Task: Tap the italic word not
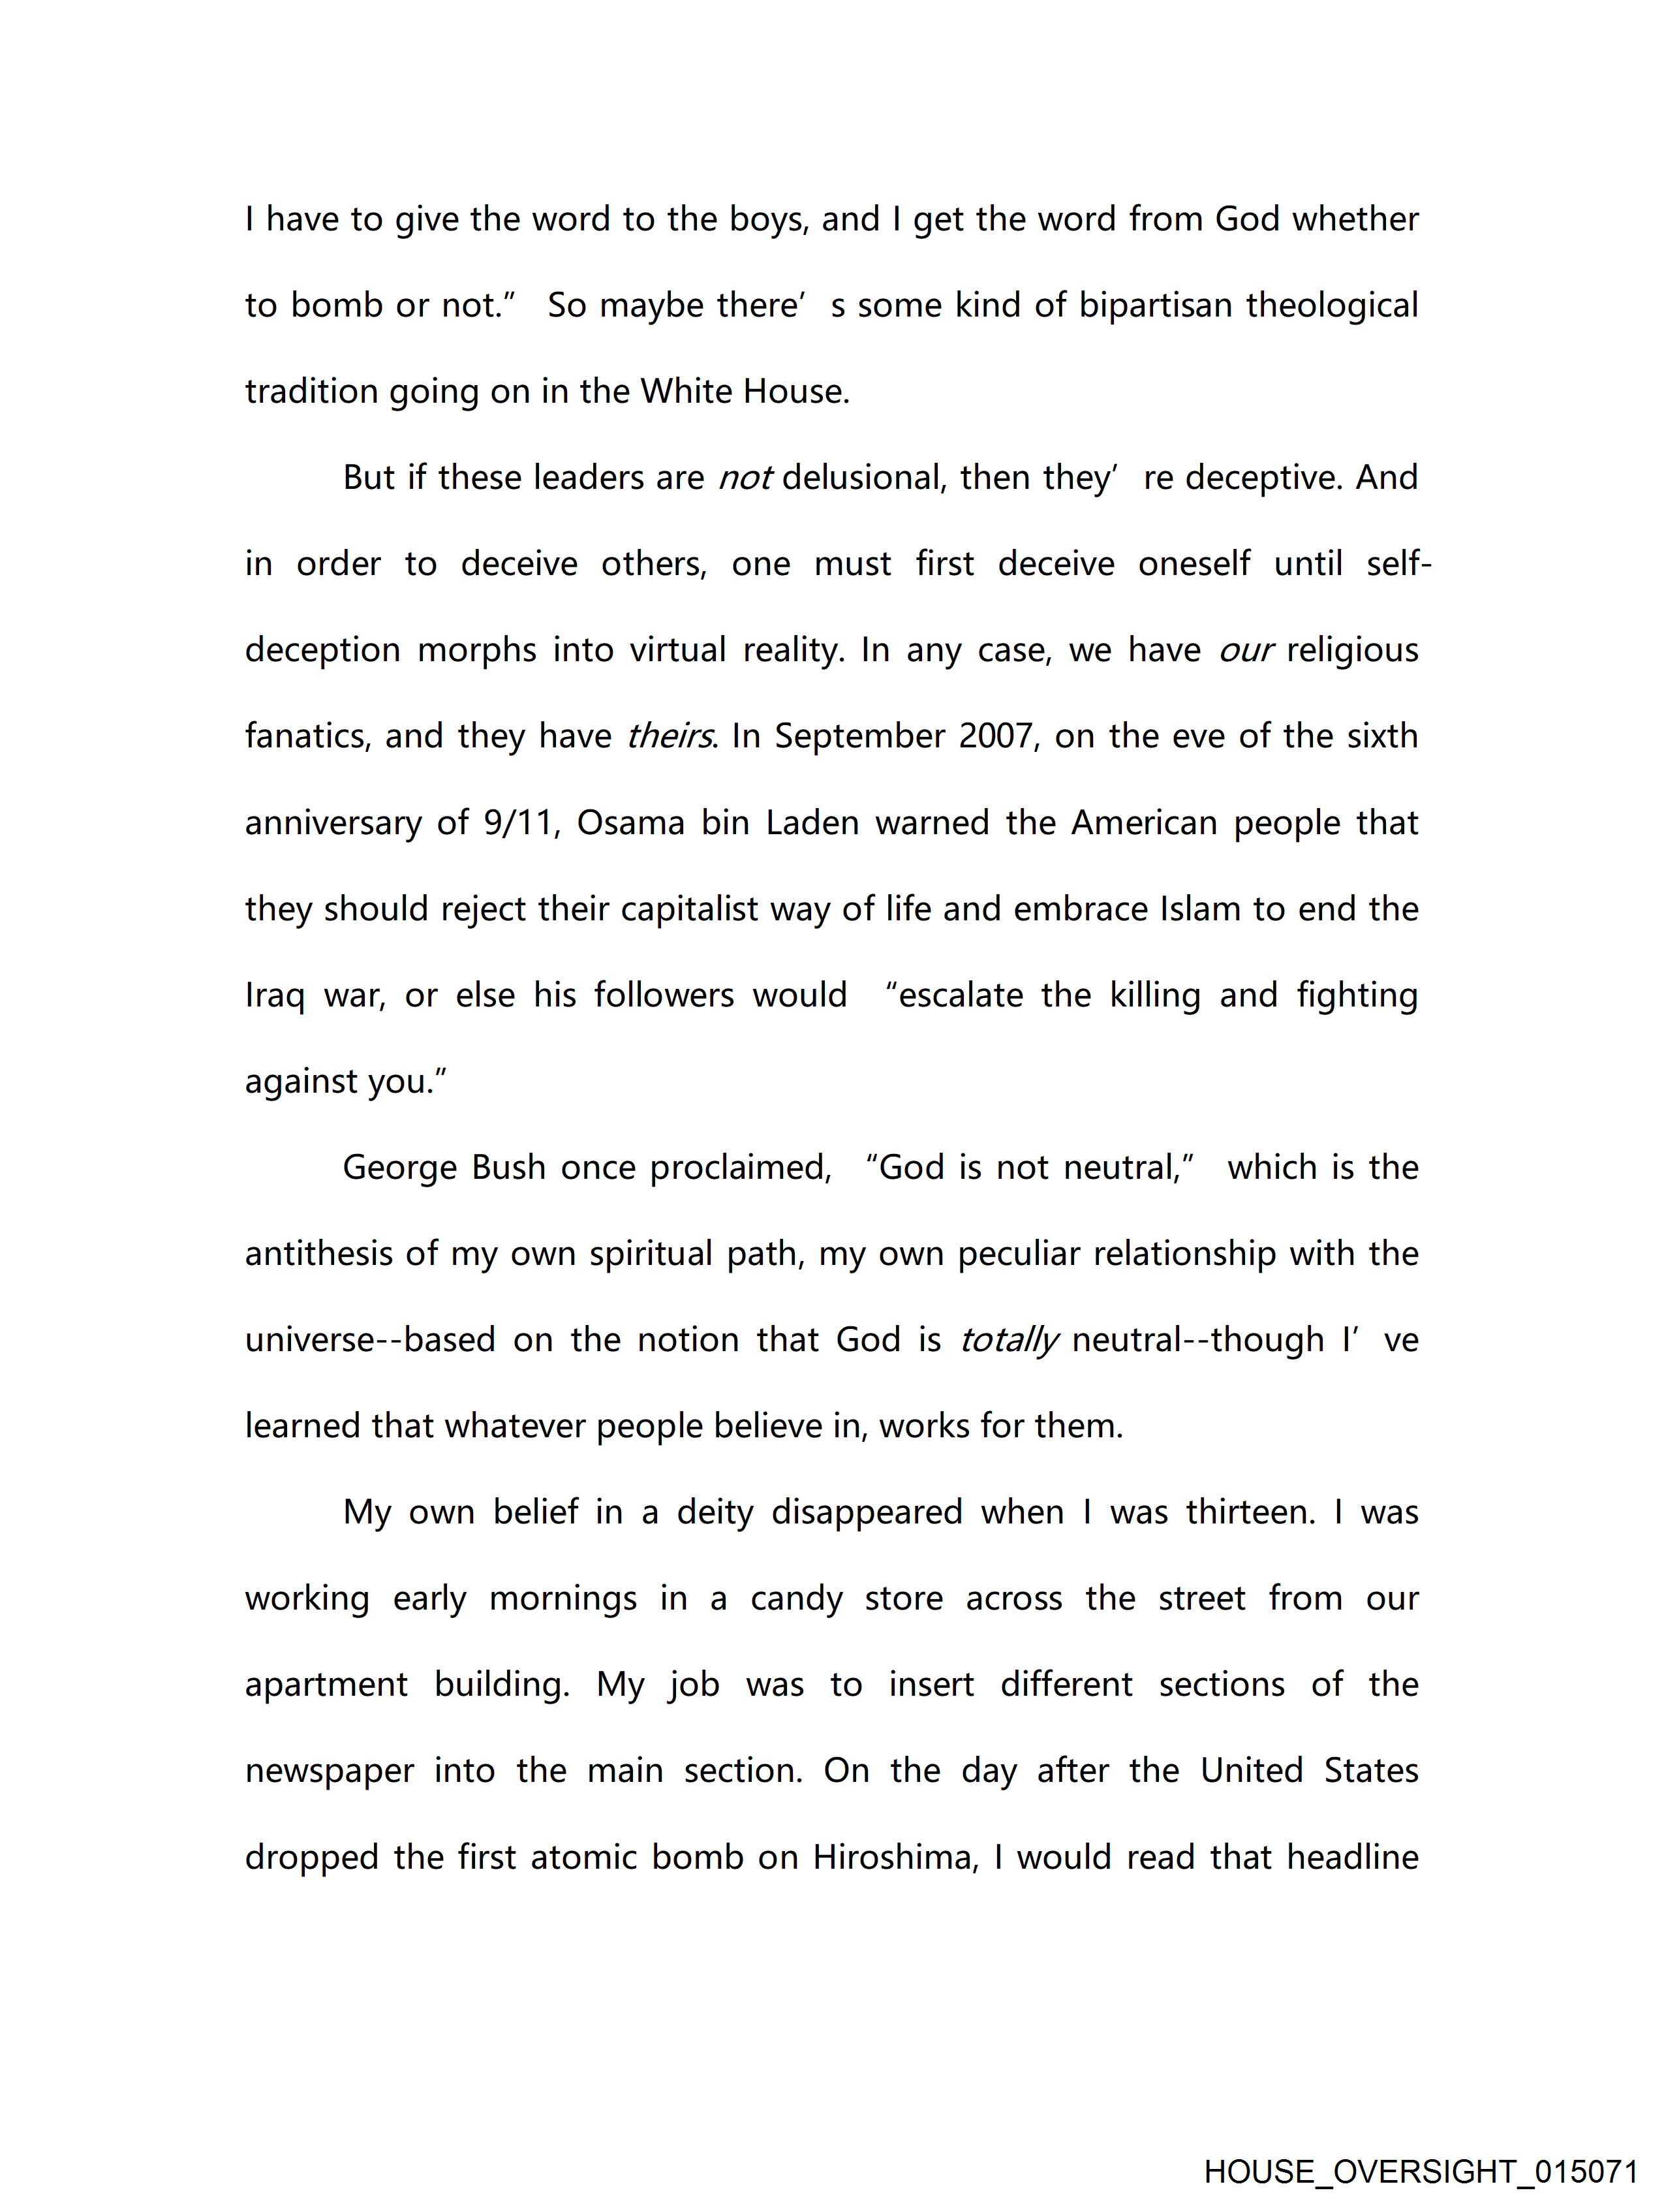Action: click(x=745, y=478)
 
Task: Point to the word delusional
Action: click(x=862, y=478)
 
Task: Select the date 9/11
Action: click(x=519, y=823)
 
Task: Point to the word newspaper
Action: click(x=329, y=1771)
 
